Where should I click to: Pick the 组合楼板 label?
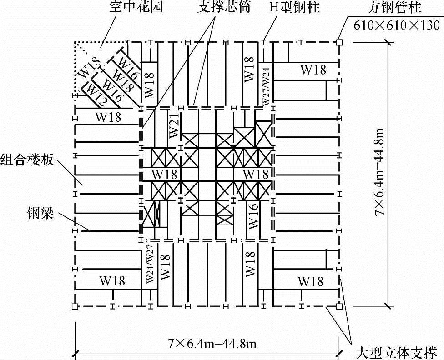pyautogui.click(x=27, y=160)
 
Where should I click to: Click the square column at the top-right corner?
pyautogui.click(x=339, y=43)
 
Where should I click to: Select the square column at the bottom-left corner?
pyautogui.click(x=75, y=307)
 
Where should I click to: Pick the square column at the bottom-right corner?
pyautogui.click(x=339, y=307)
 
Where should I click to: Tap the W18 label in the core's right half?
pyautogui.click(x=256, y=175)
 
